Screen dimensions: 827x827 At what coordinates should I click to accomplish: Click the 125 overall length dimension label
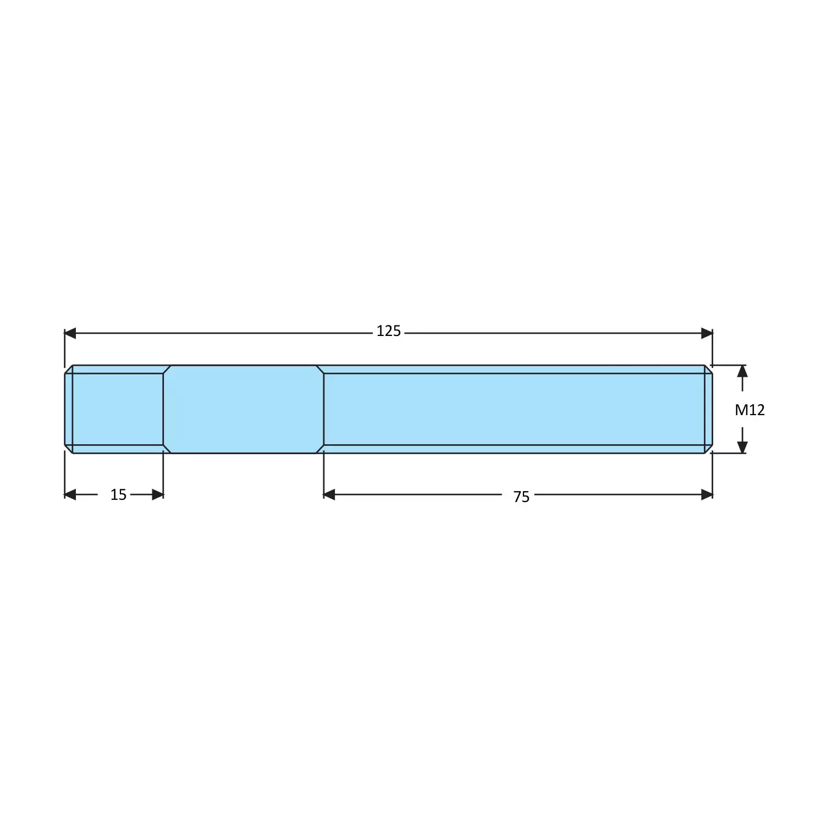pyautogui.click(x=388, y=332)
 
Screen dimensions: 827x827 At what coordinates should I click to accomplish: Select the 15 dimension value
pyautogui.click(x=118, y=495)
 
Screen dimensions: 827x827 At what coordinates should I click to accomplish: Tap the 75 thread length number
pyautogui.click(x=521, y=497)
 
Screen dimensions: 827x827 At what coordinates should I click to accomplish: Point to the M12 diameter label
pyautogui.click(x=749, y=410)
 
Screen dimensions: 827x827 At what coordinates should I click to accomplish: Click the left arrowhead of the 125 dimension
pyautogui.click(x=70, y=333)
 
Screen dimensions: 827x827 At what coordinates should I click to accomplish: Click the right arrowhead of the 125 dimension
pyautogui.click(x=707, y=333)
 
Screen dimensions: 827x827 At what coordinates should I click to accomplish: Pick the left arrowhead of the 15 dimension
pyautogui.click(x=70, y=495)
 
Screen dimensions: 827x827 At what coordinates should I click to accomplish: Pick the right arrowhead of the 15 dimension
pyautogui.click(x=158, y=495)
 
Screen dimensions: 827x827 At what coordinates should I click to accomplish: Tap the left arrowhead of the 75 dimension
pyautogui.click(x=329, y=495)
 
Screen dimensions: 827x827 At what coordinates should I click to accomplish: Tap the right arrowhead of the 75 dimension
pyautogui.click(x=707, y=495)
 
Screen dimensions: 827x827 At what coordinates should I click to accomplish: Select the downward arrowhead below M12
pyautogui.click(x=742, y=447)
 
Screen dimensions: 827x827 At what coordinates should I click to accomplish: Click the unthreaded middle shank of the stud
pyautogui.click(x=243, y=409)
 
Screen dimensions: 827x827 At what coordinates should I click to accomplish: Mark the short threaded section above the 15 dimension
pyautogui.click(x=118, y=409)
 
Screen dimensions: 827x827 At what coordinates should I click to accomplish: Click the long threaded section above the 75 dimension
pyautogui.click(x=514, y=409)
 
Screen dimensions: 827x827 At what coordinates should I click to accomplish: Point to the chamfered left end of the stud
pyautogui.click(x=68, y=409)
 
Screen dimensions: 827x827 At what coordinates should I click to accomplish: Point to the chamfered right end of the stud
pyautogui.click(x=709, y=409)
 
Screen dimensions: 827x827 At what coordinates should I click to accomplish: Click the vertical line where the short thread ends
pyautogui.click(x=163, y=409)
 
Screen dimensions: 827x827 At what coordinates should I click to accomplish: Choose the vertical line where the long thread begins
pyautogui.click(x=324, y=409)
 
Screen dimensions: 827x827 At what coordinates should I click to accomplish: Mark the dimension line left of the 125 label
pyautogui.click(x=220, y=333)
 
